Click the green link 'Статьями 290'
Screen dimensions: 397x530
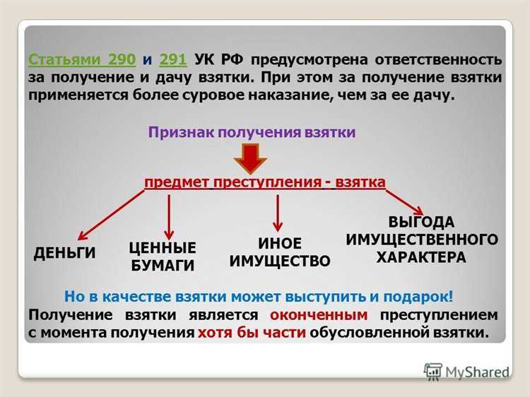[81, 59]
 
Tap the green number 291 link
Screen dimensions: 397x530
[173, 59]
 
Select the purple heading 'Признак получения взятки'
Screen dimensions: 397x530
[252, 132]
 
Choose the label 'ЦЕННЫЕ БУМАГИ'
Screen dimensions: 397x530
[163, 256]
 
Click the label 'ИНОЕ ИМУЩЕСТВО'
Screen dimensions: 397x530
[280, 252]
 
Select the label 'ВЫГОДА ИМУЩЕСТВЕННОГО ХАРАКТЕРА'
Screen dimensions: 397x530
[421, 239]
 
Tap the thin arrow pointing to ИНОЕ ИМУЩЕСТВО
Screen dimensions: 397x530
[278, 212]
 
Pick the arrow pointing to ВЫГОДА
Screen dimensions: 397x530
[405, 201]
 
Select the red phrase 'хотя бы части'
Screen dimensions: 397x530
[252, 333]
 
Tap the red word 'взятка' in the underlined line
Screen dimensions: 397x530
[360, 183]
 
